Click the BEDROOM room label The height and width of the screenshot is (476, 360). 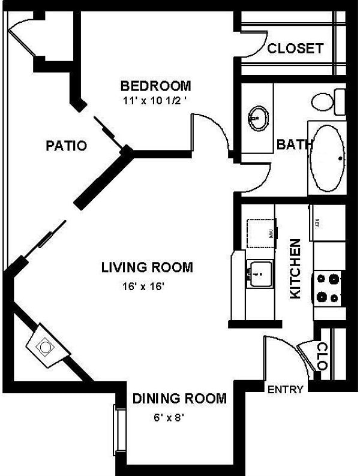tap(155, 85)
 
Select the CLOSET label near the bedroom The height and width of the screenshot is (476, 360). tap(295, 49)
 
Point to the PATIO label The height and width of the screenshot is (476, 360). tap(67, 146)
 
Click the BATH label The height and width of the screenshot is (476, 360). tap(295, 144)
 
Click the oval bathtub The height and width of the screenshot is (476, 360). tap(327, 158)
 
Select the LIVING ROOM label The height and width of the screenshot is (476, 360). tap(147, 267)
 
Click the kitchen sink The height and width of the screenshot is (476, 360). tap(259, 275)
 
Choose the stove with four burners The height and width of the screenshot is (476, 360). tap(328, 287)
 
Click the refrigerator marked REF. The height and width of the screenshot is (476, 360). tap(328, 222)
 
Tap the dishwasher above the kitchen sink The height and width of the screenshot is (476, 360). tap(261, 232)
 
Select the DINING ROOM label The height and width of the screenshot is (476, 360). tap(179, 398)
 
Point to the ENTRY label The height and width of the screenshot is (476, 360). tap(285, 390)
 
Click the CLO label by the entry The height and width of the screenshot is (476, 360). tap(322, 356)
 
